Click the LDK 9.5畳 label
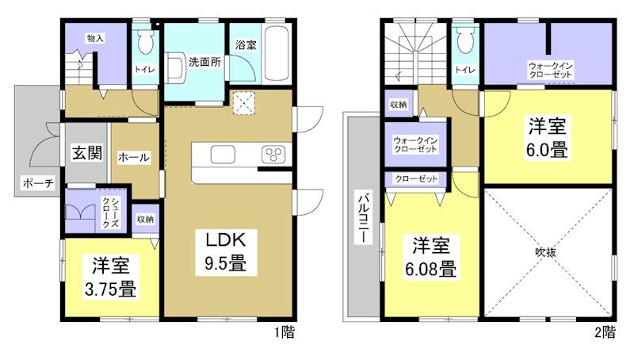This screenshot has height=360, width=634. pos(229,251)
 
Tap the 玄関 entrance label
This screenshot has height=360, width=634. pos(88,153)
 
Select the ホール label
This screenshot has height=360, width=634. pos(133,158)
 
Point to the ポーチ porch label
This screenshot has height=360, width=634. pos(38,184)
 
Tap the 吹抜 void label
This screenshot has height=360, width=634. pos(547,253)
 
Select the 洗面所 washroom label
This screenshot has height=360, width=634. pos(204,62)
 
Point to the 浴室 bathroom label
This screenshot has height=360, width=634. pos(245,46)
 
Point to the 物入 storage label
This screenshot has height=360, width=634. pos(95,37)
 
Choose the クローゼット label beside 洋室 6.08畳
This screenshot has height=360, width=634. pos(416,178)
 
